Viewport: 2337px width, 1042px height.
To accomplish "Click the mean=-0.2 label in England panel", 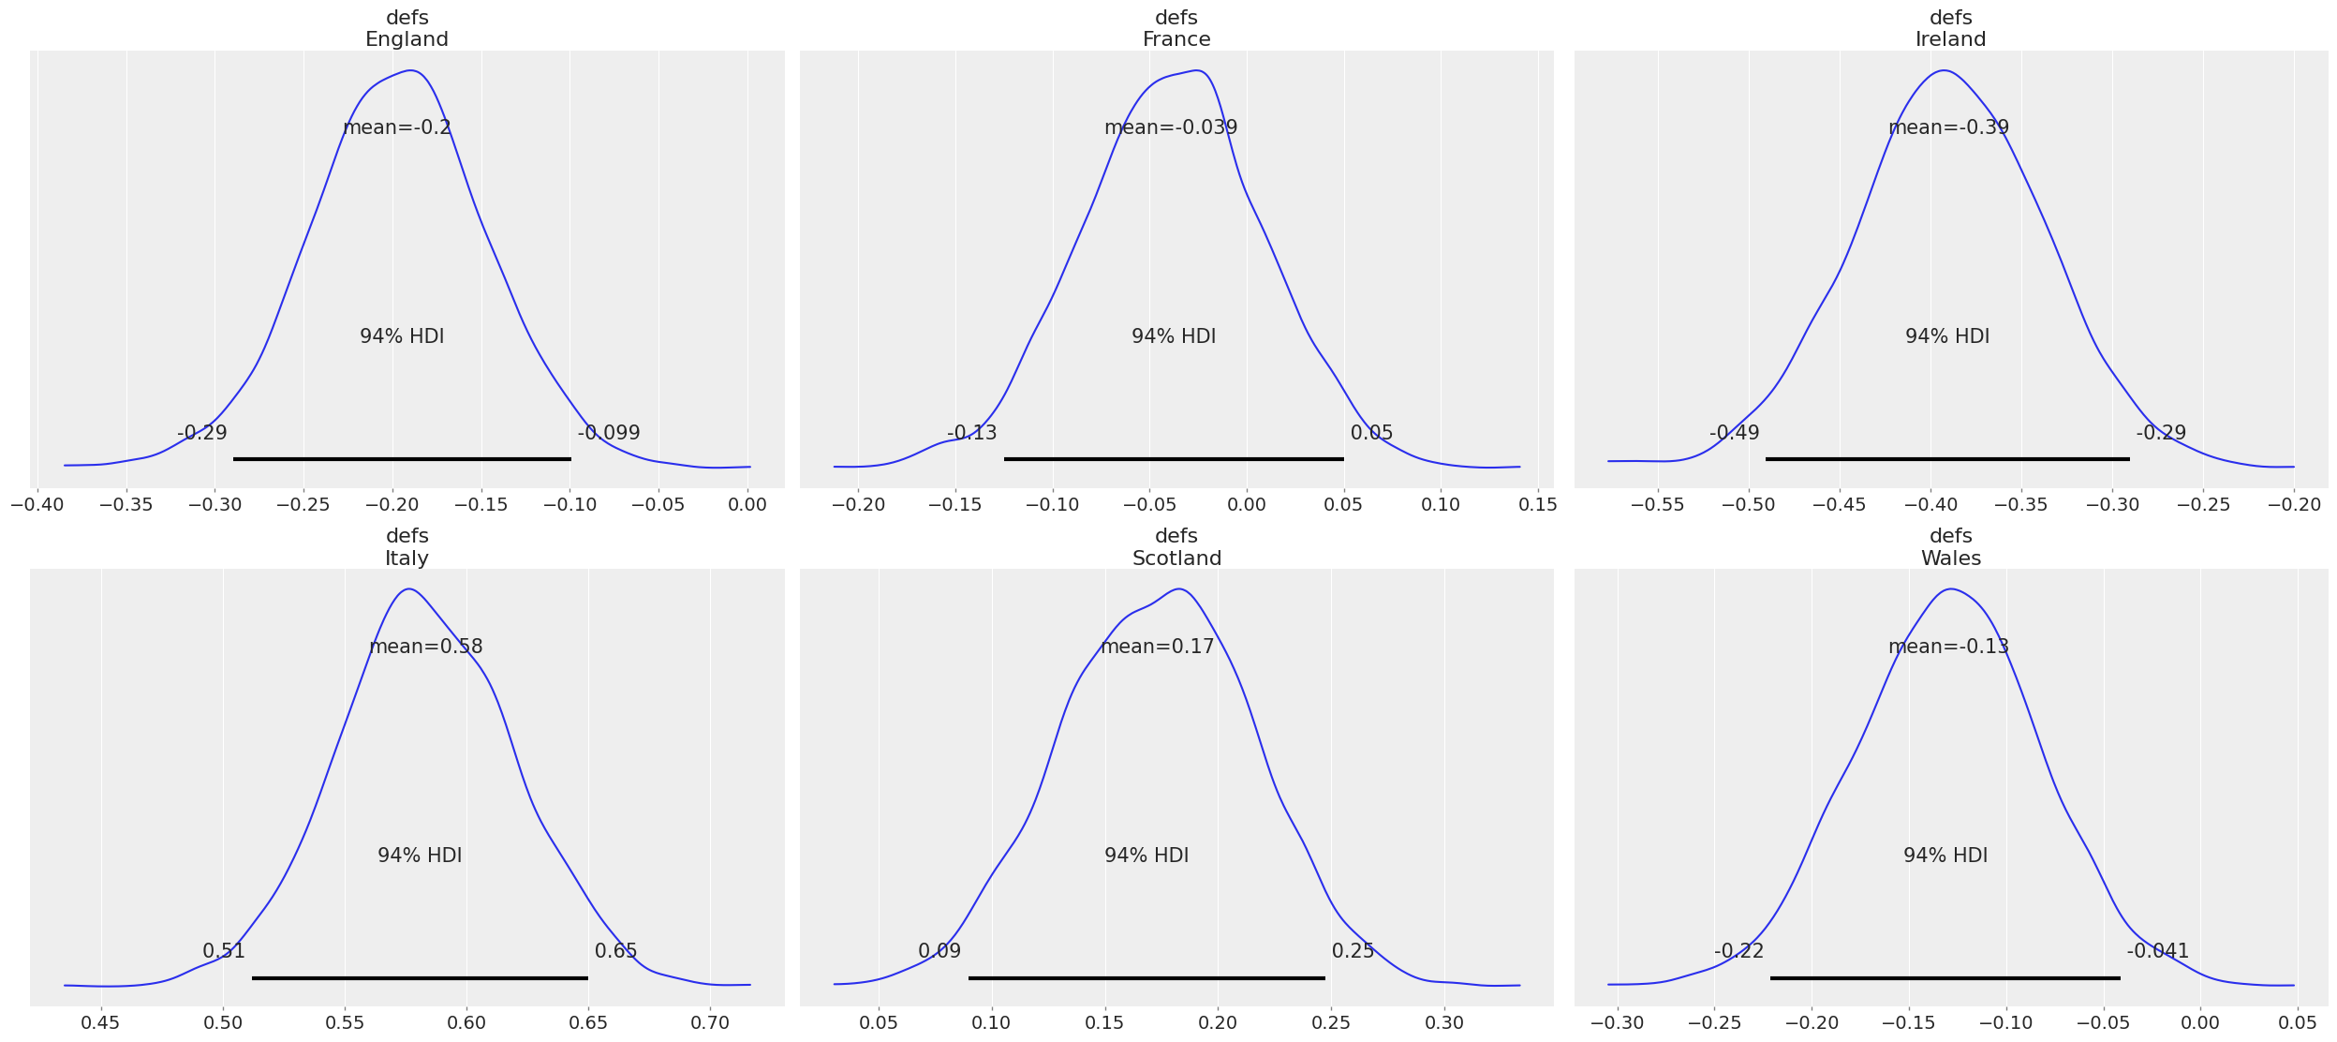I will pyautogui.click(x=397, y=127).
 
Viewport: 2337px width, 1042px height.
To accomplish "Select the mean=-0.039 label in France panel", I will pyautogui.click(x=1170, y=127).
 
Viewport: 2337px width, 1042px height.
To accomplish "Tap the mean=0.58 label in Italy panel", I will pyautogui.click(x=425, y=647).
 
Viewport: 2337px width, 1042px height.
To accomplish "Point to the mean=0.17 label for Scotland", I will pyautogui.click(x=1157, y=647).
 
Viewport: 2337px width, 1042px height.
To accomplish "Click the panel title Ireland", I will pyautogui.click(x=1950, y=39).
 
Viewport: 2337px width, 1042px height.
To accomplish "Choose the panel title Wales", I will pyautogui.click(x=1950, y=558).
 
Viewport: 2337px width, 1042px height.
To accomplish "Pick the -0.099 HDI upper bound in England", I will pyautogui.click(x=609, y=433).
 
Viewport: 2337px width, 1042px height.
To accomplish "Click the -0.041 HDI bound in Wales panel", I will pyautogui.click(x=2157, y=951).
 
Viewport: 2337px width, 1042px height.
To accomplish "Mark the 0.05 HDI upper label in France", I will pyautogui.click(x=1371, y=433).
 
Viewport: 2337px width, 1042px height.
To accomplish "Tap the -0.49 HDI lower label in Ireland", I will pyautogui.click(x=1734, y=433).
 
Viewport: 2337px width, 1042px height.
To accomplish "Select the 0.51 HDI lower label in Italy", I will pyautogui.click(x=224, y=951).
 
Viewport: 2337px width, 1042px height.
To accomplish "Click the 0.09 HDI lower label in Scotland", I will pyautogui.click(x=939, y=951).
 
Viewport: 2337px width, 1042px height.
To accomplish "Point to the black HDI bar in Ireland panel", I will pyautogui.click(x=1946, y=459).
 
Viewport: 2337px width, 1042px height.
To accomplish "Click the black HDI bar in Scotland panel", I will pyautogui.click(x=1146, y=978).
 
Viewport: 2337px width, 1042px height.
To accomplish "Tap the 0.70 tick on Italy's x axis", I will pyautogui.click(x=710, y=1022).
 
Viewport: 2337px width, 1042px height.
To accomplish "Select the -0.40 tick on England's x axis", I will pyautogui.click(x=37, y=504).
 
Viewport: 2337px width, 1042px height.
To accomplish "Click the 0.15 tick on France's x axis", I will pyautogui.click(x=1537, y=504).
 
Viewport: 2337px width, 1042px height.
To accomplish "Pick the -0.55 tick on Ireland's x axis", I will pyautogui.click(x=1657, y=504).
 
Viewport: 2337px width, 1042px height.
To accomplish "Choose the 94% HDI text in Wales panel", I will pyautogui.click(x=1945, y=856).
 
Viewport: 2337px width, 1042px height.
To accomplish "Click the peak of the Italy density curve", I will pyautogui.click(x=409, y=589).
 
